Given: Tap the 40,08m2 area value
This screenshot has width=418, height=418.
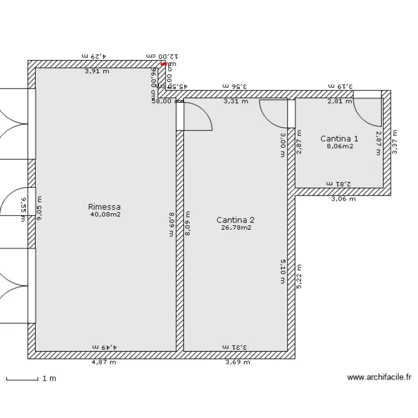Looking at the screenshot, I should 105,214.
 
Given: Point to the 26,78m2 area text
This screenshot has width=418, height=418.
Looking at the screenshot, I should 235,227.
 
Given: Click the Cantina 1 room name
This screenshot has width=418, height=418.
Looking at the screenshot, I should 339,138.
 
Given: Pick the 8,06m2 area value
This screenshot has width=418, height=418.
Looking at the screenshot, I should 340,146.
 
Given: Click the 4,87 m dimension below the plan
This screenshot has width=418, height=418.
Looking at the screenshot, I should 104,362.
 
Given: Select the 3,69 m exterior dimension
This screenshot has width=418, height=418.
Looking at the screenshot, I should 237,362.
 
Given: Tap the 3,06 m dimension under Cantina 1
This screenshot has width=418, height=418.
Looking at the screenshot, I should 343,198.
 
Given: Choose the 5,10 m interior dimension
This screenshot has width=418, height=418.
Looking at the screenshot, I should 283,270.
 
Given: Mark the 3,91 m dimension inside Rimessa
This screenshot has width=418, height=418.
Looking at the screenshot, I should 96,71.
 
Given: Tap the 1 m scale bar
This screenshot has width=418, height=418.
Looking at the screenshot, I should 22,379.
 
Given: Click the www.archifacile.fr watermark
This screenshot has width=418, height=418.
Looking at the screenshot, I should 379,377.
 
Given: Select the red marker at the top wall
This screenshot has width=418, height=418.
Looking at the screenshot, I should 163,65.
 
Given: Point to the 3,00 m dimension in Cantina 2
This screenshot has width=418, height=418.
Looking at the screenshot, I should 283,144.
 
